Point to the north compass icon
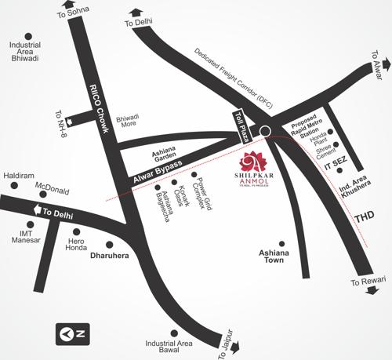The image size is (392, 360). coord(72,333)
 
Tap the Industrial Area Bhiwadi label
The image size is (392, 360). coord(25,52)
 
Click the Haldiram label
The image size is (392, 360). coord(17,176)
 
